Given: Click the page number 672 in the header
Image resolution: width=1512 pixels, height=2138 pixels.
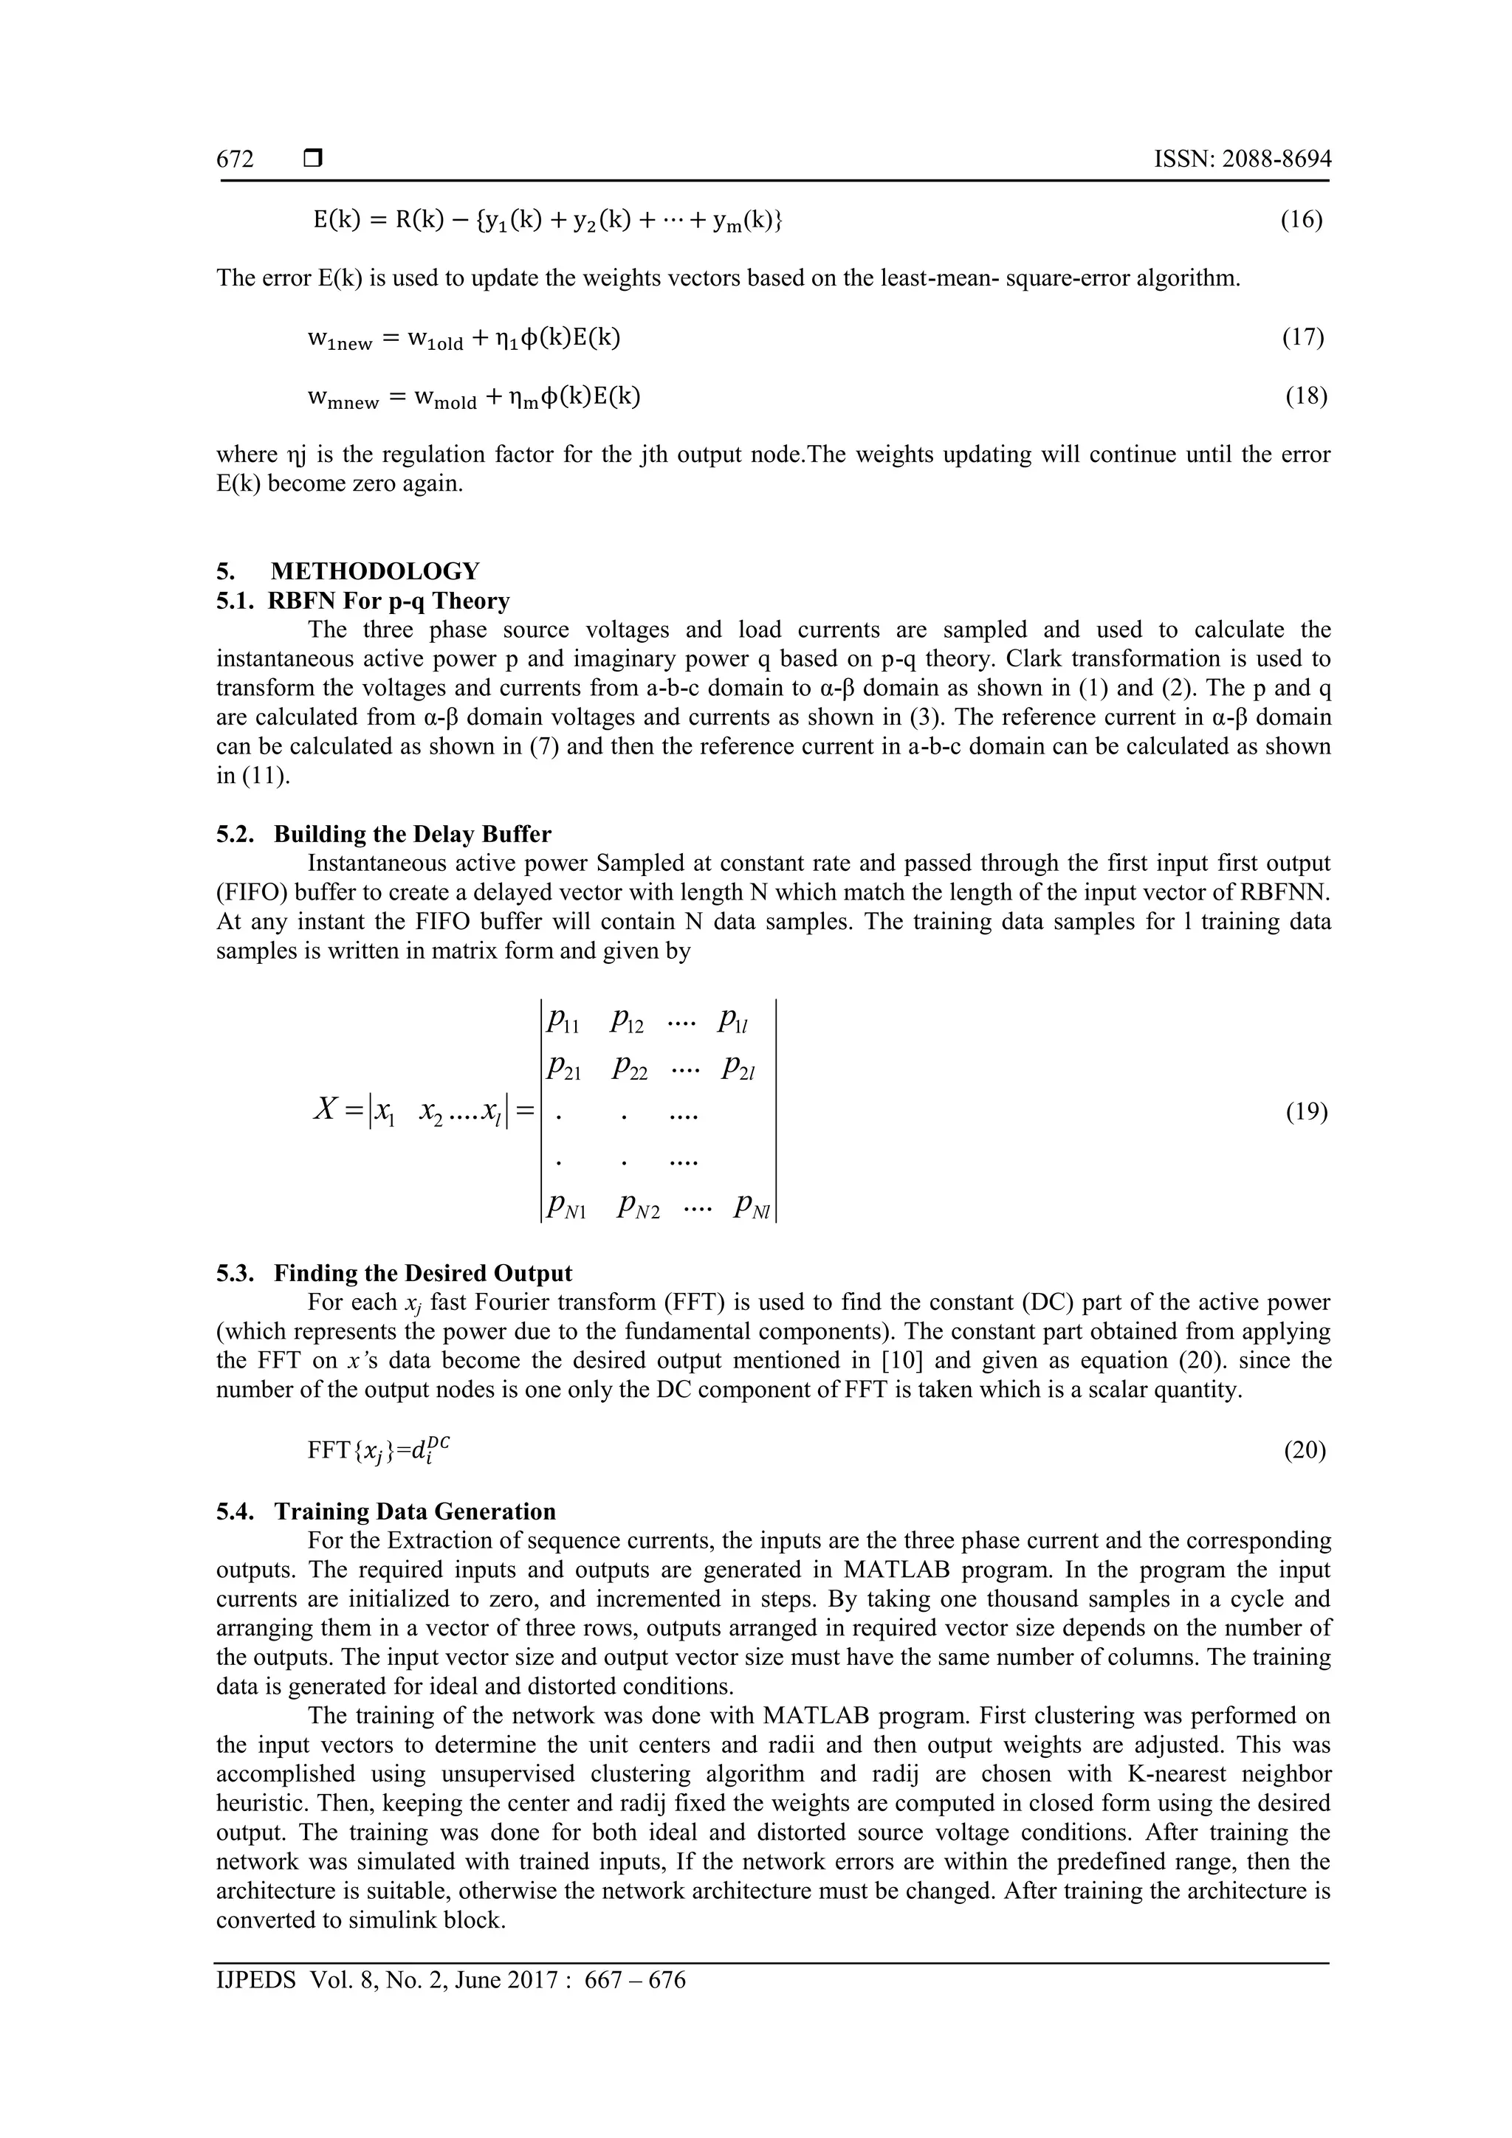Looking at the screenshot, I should click(x=235, y=159).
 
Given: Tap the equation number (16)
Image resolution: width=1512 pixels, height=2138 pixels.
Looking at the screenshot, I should click(x=1301, y=220).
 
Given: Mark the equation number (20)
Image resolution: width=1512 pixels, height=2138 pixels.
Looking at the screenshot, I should click(x=1305, y=1450).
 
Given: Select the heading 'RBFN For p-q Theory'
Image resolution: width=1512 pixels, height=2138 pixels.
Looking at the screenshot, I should click(x=388, y=601).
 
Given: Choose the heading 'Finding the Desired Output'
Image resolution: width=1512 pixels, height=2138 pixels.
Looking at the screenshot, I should click(x=423, y=1273).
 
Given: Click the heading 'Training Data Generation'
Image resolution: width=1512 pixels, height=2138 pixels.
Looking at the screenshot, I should click(x=415, y=1511).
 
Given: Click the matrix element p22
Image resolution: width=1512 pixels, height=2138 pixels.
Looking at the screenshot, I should click(x=630, y=1069).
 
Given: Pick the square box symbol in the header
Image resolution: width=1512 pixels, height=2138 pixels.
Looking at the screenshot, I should click(x=313, y=159).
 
